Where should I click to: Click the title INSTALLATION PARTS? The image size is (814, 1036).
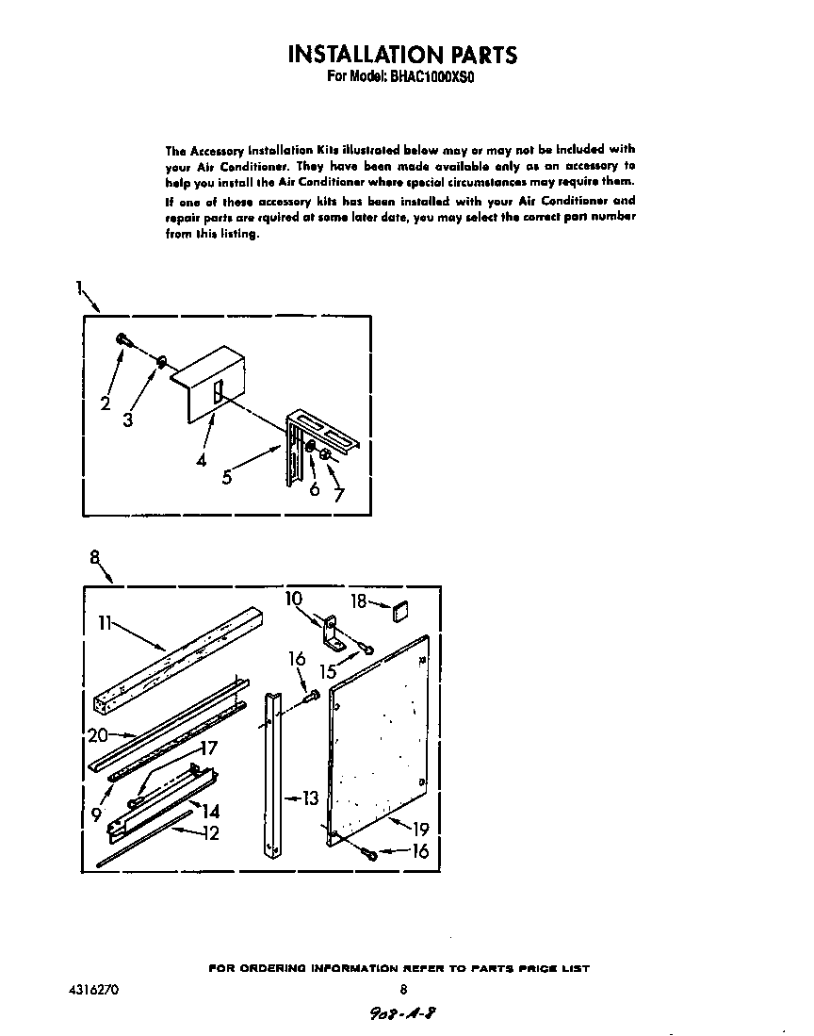(402, 54)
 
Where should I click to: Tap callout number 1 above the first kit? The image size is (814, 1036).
(80, 288)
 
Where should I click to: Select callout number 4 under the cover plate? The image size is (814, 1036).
(202, 461)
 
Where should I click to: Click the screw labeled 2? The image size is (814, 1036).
(122, 339)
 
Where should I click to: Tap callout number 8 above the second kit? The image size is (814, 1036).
(95, 556)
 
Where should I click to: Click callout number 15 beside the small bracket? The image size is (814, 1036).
(329, 671)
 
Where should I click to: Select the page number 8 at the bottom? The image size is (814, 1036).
(402, 990)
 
